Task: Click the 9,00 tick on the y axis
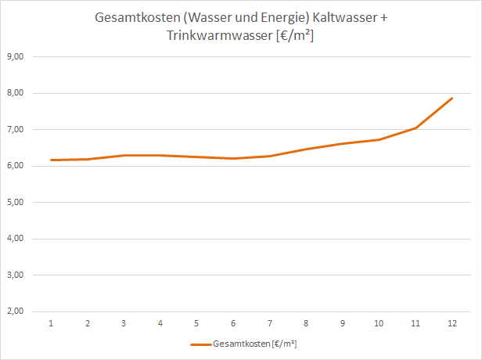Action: pos(16,57)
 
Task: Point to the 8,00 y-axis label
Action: pos(16,93)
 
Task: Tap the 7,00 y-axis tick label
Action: pos(16,130)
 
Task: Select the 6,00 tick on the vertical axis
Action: pos(16,166)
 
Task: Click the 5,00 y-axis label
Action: pos(16,203)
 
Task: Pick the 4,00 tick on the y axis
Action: pos(16,239)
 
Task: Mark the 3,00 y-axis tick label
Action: pos(16,275)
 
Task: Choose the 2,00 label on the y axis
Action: pos(16,311)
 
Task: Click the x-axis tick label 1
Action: pos(51,322)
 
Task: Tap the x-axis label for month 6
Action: pos(233,322)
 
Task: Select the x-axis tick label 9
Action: pos(343,322)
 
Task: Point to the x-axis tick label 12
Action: pos(451,322)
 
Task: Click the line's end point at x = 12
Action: pos(451,99)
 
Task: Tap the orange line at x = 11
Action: pos(415,128)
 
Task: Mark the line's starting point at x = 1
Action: pos(51,160)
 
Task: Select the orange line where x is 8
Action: pos(306,149)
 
